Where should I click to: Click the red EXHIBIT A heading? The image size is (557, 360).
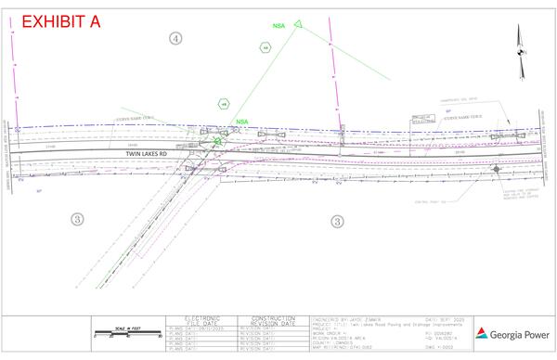point(60,21)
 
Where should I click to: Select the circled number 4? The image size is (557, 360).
point(175,38)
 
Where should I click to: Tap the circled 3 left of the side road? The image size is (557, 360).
point(79,218)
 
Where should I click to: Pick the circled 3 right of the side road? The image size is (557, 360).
point(337,221)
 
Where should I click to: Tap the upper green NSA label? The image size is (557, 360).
point(279,27)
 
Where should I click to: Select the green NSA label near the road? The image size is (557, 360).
point(242,122)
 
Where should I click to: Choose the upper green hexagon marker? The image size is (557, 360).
point(266,46)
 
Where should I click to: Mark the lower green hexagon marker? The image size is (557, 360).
point(223,104)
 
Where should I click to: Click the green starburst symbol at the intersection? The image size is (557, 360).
point(218,141)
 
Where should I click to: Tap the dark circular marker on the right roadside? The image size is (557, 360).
point(498,169)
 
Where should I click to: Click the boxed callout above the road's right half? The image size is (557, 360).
point(423,118)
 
